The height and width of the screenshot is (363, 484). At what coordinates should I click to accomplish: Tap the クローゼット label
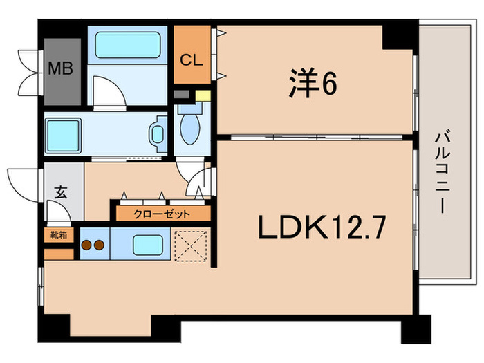click(x=162, y=214)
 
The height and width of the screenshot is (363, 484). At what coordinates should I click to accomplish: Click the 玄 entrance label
click(x=60, y=193)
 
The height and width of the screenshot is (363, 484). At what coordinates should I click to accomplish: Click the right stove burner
click(x=100, y=245)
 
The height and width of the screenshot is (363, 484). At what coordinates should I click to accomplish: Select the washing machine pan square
click(x=64, y=133)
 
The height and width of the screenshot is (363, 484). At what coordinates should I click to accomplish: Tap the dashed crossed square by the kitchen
click(x=192, y=244)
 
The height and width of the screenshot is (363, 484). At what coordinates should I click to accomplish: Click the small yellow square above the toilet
click(x=202, y=96)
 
